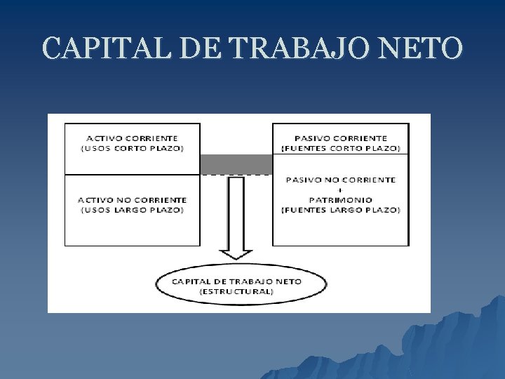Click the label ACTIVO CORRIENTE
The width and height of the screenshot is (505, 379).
coord(132,138)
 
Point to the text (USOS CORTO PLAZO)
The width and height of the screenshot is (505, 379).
coord(132,148)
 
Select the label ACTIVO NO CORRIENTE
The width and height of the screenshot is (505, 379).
coord(132,200)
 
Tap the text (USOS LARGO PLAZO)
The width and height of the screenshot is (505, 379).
coord(132,210)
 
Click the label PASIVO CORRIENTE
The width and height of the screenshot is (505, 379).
coord(341,138)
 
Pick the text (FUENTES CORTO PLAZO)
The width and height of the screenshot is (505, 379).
coord(341,148)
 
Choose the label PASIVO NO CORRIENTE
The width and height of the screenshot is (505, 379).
coord(341,180)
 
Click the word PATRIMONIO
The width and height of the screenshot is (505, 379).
coord(341,199)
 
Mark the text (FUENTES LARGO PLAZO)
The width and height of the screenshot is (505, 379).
coord(341,210)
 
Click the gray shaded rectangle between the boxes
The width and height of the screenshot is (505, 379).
coord(236,164)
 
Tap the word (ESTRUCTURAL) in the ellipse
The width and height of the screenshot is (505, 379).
coord(237,291)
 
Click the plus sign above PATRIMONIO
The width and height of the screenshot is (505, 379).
coord(341,189)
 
